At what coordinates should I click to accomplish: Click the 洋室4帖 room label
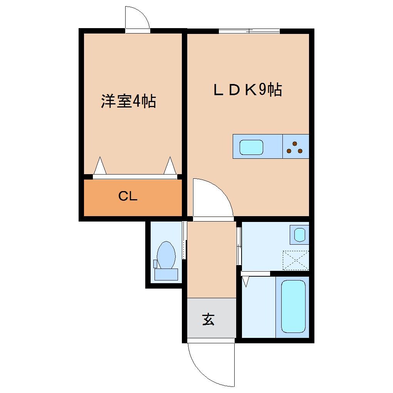(128, 101)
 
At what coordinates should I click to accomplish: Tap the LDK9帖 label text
(248, 90)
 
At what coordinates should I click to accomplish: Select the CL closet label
(128, 196)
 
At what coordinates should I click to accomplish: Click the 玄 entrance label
(208, 319)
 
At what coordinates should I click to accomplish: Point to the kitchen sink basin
(252, 147)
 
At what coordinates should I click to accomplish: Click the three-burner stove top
(296, 147)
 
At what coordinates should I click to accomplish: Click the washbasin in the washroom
(299, 234)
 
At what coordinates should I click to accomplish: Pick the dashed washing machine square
(296, 259)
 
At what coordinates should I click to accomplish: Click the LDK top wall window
(249, 31)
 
